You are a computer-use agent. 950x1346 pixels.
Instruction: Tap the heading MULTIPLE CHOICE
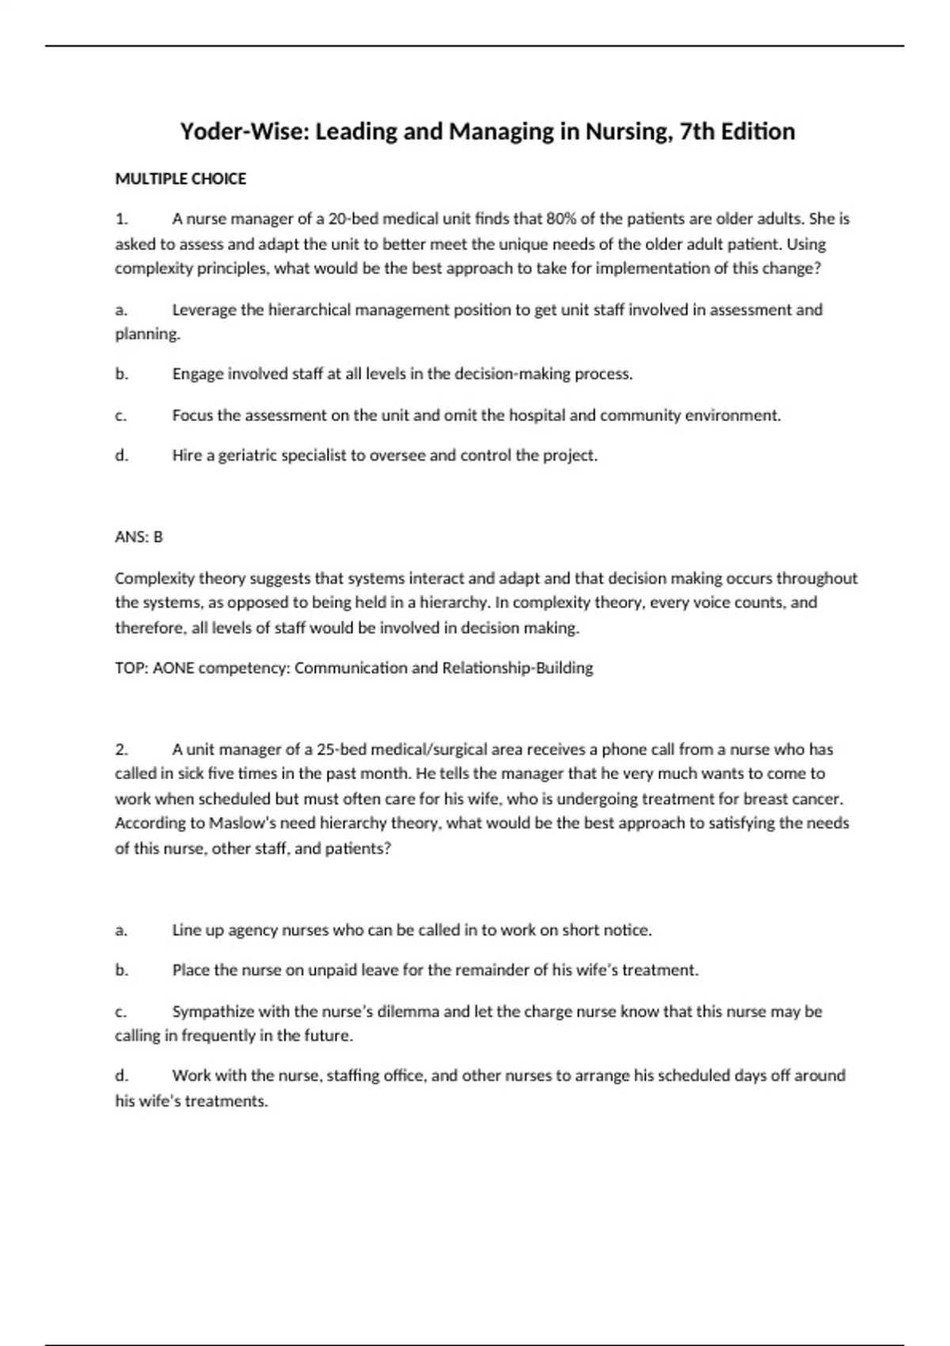(x=180, y=179)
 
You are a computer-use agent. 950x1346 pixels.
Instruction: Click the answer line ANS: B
(x=139, y=537)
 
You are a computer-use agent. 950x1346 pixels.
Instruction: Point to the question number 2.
(x=121, y=750)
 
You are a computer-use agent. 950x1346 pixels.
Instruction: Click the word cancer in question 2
(x=817, y=799)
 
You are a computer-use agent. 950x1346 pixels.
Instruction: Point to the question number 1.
(x=120, y=219)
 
